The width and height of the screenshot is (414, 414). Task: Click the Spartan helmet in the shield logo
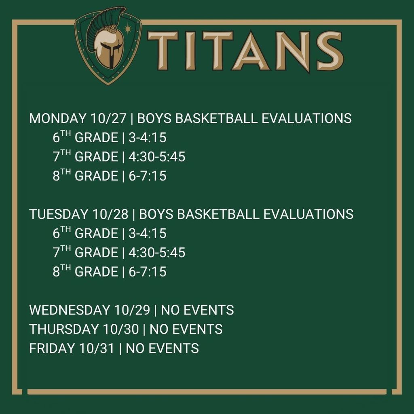coord(108,51)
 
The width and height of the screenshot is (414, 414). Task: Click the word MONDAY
coord(56,118)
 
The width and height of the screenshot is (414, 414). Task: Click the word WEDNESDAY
coord(66,310)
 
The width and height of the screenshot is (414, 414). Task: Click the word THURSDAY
coord(61,329)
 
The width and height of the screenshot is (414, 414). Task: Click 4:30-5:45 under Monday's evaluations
coord(156,157)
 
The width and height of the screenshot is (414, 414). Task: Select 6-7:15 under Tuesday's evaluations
coord(147,272)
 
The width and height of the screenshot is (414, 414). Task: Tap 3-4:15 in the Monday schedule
coord(147,138)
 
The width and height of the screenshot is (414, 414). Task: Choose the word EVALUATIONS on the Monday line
coord(306,118)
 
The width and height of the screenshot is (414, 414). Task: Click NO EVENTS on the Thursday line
coord(186,329)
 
